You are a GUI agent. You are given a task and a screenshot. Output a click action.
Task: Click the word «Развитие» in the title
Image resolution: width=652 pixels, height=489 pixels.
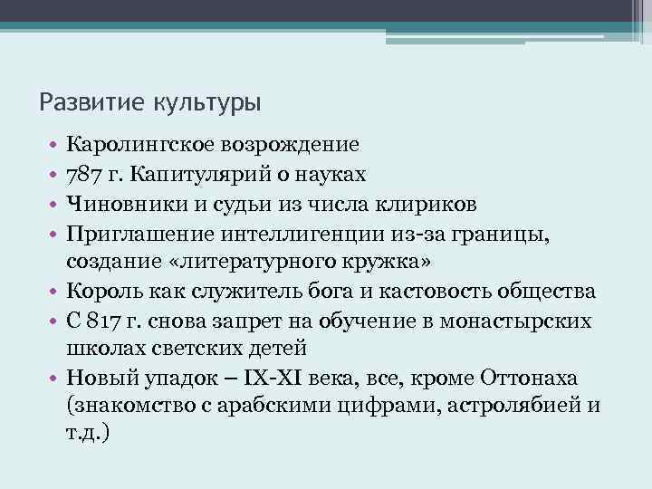click(x=84, y=101)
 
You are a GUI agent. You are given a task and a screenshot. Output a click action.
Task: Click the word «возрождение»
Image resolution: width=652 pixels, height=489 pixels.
click(x=292, y=144)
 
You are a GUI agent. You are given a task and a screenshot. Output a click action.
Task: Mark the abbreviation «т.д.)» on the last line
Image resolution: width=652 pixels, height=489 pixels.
click(x=89, y=436)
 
